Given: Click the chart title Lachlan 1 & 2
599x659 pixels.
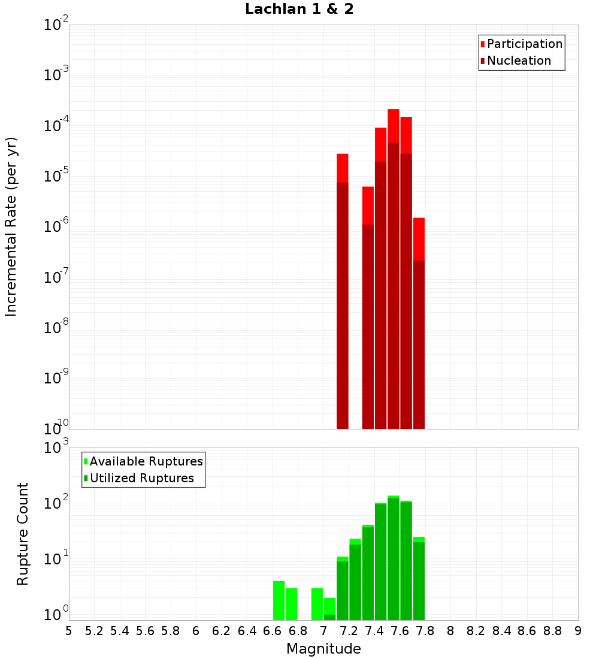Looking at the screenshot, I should coord(299,10).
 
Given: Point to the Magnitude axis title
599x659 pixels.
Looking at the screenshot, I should coord(323,649).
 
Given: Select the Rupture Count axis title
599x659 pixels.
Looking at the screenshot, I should coord(23,534).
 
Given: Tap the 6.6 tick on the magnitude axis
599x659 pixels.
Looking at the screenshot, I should coord(273,631).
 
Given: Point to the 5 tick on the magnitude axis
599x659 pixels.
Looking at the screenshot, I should coord(68,631).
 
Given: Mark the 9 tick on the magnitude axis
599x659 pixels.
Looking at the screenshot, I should coord(577,631).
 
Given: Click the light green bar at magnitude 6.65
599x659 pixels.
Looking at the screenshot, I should coord(279,600).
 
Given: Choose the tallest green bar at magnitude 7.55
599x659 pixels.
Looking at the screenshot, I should coord(394,558).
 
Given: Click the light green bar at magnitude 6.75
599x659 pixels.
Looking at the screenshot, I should coord(292,604).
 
